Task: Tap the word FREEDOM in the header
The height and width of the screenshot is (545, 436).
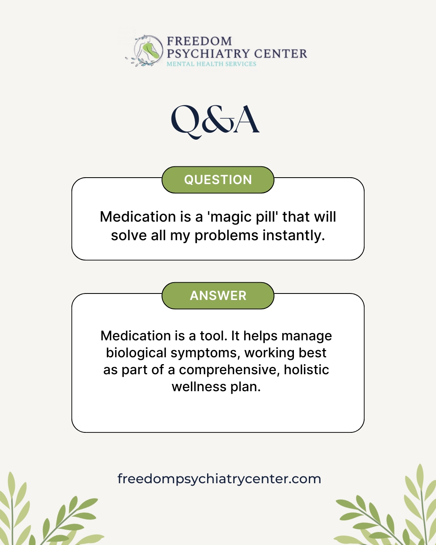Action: tap(199, 41)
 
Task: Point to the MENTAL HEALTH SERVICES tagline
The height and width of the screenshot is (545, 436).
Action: tap(212, 64)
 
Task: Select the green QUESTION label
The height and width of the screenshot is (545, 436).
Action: tap(218, 180)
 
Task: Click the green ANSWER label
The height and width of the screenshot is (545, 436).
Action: tap(218, 296)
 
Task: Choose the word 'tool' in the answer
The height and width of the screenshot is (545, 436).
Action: tap(214, 335)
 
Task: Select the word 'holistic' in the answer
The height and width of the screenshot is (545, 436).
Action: tap(306, 370)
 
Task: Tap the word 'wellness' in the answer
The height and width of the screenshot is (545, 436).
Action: tap(199, 387)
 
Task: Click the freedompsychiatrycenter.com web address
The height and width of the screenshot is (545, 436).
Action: tap(219, 479)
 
